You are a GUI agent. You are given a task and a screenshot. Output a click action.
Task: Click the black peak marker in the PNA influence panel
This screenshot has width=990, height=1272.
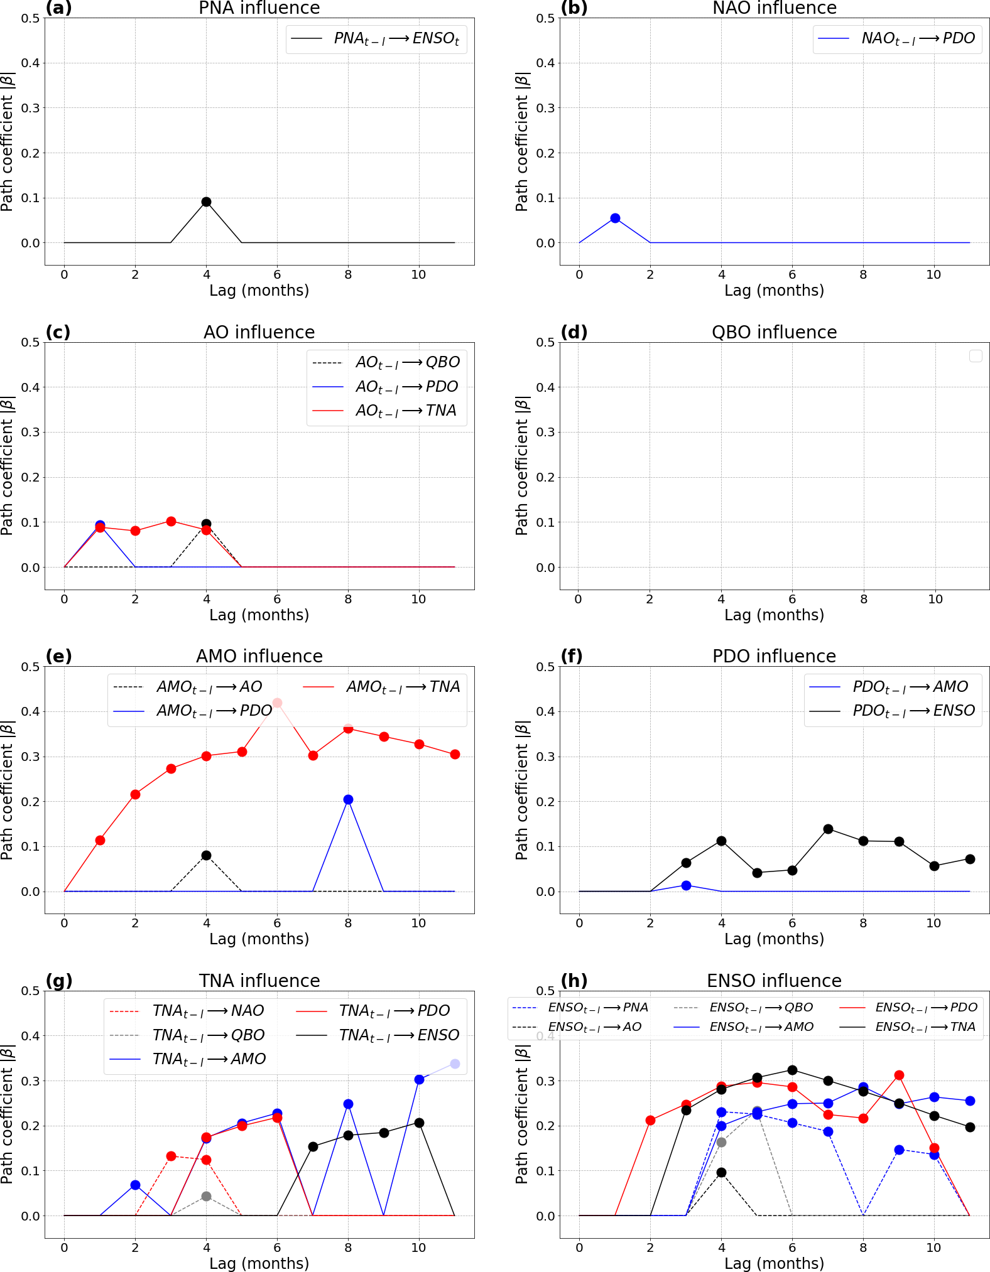tap(206, 202)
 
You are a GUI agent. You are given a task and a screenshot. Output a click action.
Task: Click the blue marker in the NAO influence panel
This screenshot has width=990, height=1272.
tap(615, 218)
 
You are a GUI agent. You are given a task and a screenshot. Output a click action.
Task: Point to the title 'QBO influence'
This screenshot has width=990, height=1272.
tap(774, 332)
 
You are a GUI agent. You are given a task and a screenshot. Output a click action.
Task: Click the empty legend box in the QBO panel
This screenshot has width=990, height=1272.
tap(975, 356)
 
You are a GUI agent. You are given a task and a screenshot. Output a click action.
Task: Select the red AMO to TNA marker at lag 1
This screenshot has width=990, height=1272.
tap(100, 840)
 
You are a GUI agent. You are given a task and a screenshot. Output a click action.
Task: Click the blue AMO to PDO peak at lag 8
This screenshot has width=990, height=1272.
tap(348, 799)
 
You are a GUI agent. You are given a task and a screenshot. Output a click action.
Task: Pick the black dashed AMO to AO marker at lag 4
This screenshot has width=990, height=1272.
tap(206, 855)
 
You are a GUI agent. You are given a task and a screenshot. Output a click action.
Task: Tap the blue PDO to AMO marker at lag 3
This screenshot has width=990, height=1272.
tap(686, 885)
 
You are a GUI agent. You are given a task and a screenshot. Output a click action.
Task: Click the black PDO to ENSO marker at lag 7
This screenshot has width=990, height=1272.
tap(828, 829)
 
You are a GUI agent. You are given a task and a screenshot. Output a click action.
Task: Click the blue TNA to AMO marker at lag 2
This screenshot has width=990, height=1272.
tap(135, 1185)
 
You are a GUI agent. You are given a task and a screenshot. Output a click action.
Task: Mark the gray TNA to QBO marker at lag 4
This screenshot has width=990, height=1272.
tap(206, 1196)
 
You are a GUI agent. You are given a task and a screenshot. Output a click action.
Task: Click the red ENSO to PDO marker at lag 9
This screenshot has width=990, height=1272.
tap(899, 1075)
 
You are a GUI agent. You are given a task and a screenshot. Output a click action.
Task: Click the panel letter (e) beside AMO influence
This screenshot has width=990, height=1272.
tap(59, 656)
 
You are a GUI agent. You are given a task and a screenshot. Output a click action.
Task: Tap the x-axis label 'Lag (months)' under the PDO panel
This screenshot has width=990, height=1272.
tap(774, 939)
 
